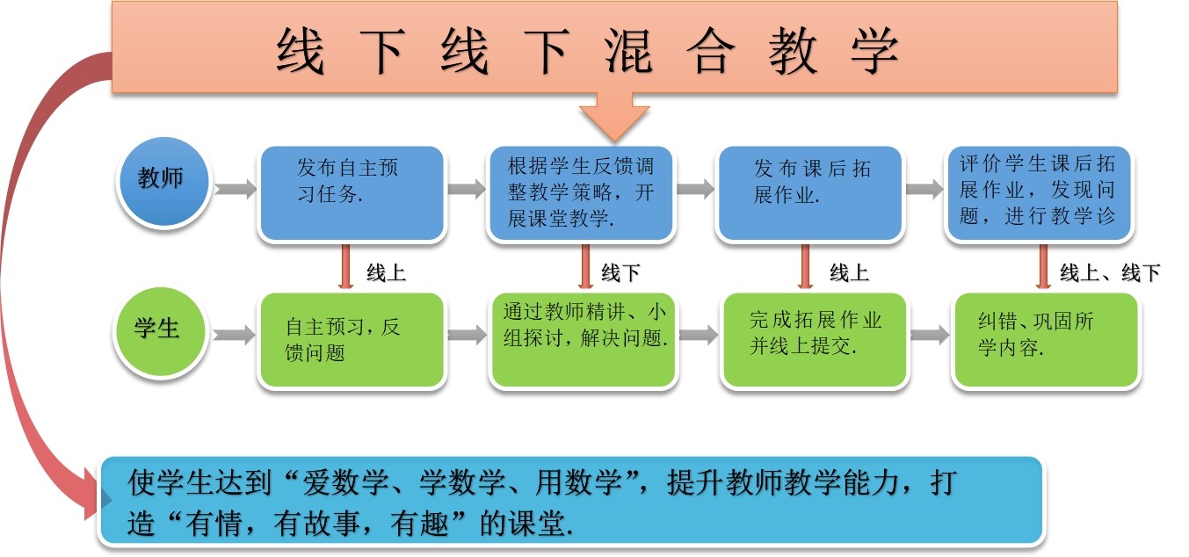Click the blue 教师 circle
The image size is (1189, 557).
[163, 180]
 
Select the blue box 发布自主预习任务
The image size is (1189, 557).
[352, 193]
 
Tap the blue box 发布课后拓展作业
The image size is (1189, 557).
[810, 193]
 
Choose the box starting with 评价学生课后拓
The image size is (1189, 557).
[1039, 193]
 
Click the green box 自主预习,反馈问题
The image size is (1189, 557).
[352, 340]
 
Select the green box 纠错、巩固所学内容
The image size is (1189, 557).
[1046, 340]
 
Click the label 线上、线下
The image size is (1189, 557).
[1110, 273]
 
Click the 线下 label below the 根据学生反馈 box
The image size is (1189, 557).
[620, 273]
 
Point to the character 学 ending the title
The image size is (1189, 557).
[872, 51]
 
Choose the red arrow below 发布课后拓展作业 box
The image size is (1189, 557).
[804, 266]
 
